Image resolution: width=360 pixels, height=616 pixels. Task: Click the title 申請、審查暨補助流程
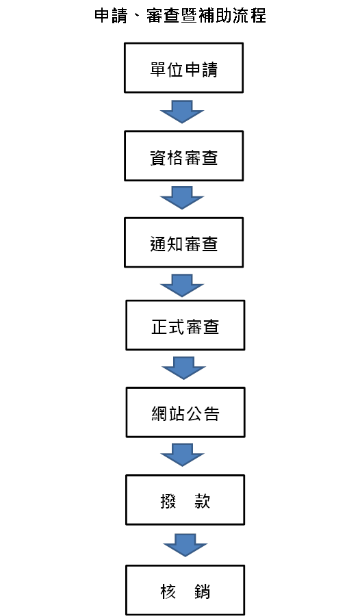pyautogui.click(x=180, y=16)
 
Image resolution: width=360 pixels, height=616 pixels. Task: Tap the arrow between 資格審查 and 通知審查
pyautogui.click(x=182, y=198)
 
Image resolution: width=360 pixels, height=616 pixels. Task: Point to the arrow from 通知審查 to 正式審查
pyautogui.click(x=182, y=285)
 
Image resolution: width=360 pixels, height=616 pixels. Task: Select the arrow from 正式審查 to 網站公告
pyautogui.click(x=183, y=368)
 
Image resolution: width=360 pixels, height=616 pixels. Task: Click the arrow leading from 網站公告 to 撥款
pyautogui.click(x=182, y=455)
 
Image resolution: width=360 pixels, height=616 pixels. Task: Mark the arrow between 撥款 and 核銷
pyautogui.click(x=185, y=546)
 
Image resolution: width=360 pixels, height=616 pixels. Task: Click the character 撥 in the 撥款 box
pyautogui.click(x=168, y=501)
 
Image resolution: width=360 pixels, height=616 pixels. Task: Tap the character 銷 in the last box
pyautogui.click(x=202, y=591)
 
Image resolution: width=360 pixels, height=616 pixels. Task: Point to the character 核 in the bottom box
pyautogui.click(x=168, y=591)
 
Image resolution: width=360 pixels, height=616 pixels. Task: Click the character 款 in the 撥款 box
pyautogui.click(x=202, y=501)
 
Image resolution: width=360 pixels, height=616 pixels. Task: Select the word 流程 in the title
pyautogui.click(x=250, y=16)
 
